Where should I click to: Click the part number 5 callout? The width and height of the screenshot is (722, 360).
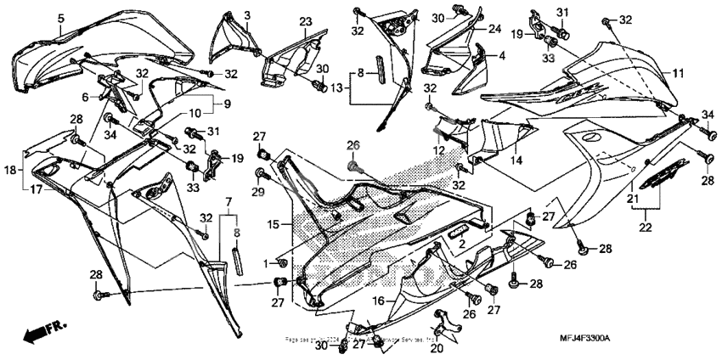[x=61, y=17]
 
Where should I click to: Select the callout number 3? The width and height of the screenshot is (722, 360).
[x=248, y=15]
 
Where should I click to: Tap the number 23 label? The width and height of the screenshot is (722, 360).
[x=305, y=21]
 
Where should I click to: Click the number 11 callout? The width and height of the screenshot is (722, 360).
[x=678, y=74]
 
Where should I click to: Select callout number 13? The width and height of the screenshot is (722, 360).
[x=336, y=87]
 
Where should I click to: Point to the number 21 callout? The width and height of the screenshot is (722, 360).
[x=631, y=198]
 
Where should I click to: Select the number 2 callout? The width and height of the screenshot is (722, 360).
[x=462, y=245]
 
